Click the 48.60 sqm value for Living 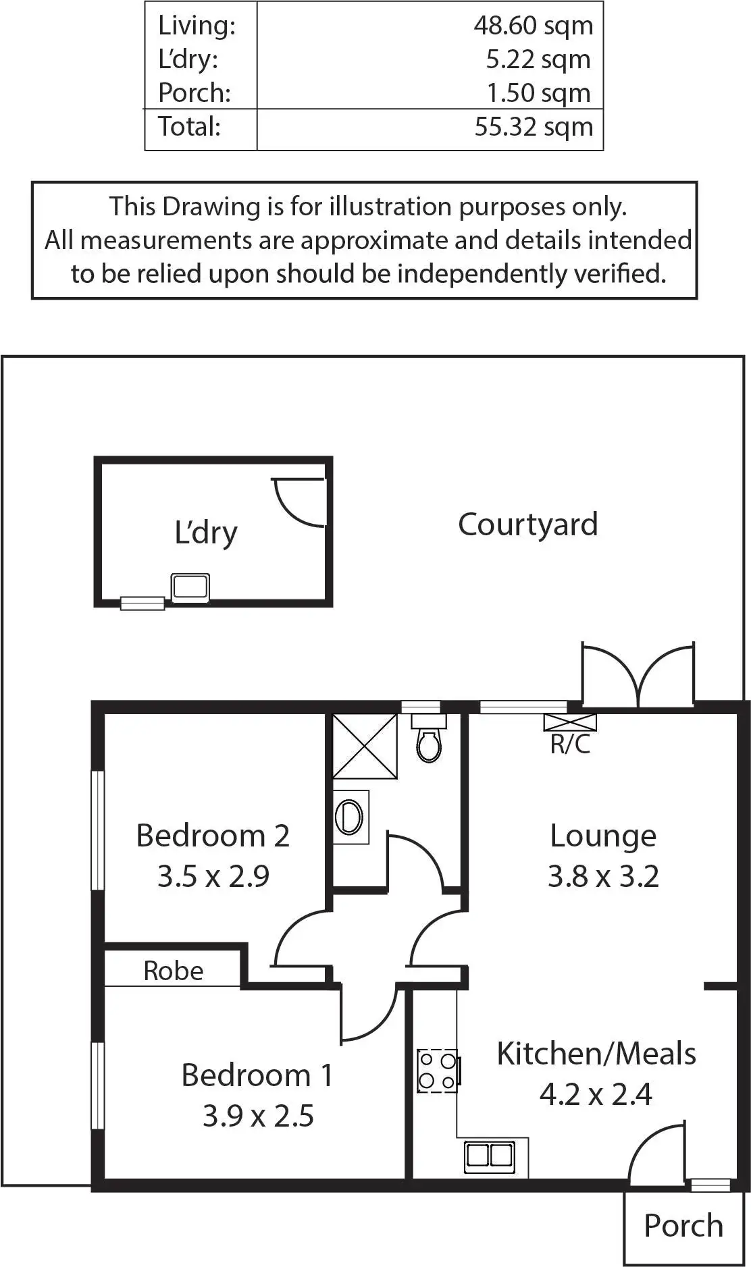[x=533, y=26]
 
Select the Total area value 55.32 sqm [x=533, y=127]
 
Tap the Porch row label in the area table [x=195, y=93]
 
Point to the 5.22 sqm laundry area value [x=538, y=59]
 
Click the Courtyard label [x=527, y=524]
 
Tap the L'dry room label [x=206, y=533]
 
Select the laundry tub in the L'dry [x=190, y=587]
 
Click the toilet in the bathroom [x=428, y=740]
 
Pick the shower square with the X [x=365, y=746]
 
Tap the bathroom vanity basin [x=350, y=817]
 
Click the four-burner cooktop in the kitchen [x=438, y=1071]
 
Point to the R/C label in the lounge [x=570, y=744]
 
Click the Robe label [x=174, y=971]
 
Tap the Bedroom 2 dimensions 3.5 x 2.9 [x=213, y=876]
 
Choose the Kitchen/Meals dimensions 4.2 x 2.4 [x=596, y=1094]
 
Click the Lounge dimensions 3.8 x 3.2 [x=603, y=876]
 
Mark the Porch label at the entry [x=683, y=1226]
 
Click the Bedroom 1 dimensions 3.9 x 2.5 [x=258, y=1116]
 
